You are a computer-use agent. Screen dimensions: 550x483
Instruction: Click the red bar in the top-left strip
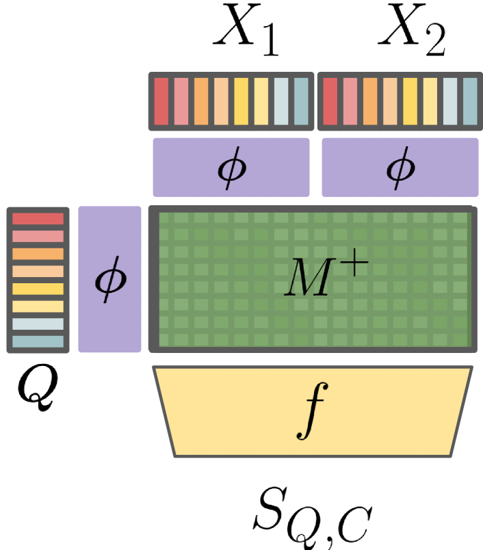click(x=161, y=101)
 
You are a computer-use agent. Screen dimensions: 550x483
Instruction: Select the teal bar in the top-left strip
click(x=301, y=101)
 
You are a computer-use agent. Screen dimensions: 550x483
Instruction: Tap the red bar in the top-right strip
click(x=330, y=101)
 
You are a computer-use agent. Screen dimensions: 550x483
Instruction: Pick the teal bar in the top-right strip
click(x=470, y=101)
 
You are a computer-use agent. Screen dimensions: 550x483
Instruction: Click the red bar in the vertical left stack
click(x=38, y=219)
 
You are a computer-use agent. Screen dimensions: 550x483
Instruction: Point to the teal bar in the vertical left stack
click(x=38, y=341)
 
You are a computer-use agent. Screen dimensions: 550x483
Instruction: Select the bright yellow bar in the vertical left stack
click(x=38, y=289)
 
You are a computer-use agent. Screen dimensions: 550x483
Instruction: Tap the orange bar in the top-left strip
click(x=201, y=101)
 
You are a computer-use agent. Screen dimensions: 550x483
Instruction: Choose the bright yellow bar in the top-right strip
click(x=410, y=101)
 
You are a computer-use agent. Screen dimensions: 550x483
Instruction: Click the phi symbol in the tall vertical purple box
click(x=109, y=280)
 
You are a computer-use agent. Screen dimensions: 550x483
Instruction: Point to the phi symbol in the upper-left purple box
click(x=231, y=168)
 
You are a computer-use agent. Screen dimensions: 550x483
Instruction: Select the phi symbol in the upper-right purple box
click(x=400, y=168)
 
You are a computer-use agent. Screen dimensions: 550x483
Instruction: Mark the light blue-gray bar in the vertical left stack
click(x=38, y=324)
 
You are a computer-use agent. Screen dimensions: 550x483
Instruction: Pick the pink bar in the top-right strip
click(x=350, y=101)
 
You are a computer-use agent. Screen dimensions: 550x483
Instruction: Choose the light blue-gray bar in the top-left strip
click(x=281, y=101)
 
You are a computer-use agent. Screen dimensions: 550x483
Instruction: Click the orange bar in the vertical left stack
click(x=38, y=254)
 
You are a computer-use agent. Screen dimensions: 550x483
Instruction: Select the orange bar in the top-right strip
click(x=369, y=101)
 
